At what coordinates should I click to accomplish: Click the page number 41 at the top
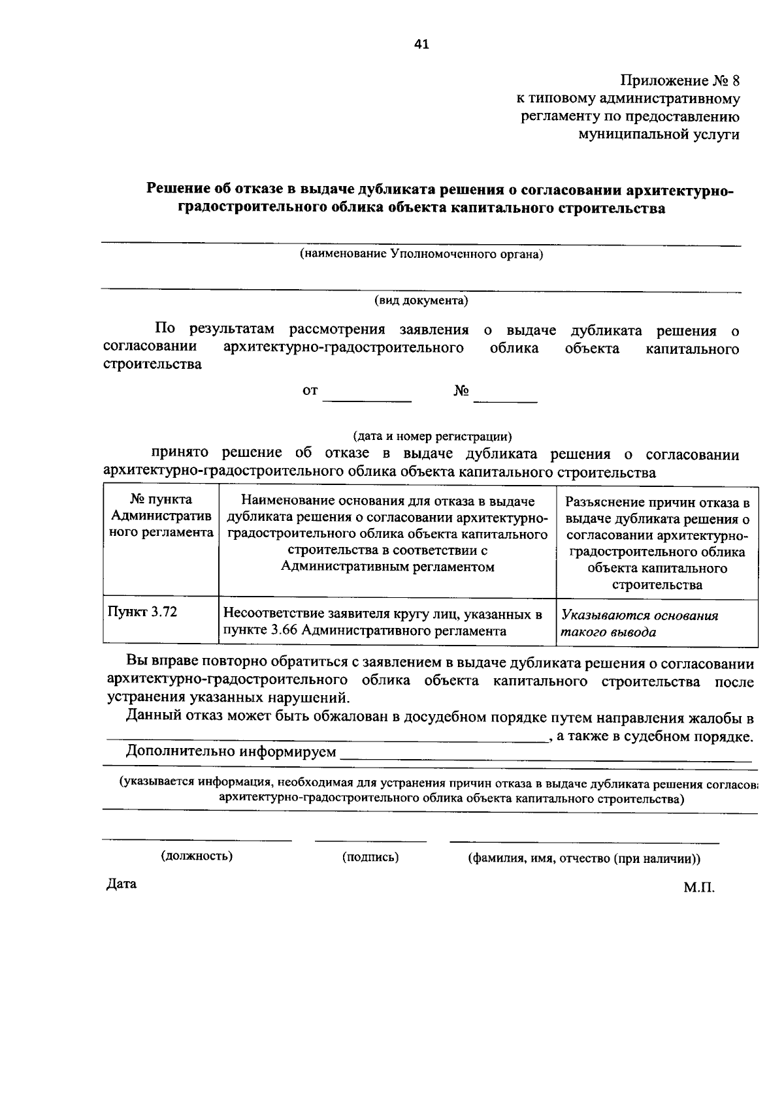(421, 44)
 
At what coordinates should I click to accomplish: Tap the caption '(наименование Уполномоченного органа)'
(421, 254)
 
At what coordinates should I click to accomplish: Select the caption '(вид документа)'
(421, 300)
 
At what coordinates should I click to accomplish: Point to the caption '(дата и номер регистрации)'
(433, 435)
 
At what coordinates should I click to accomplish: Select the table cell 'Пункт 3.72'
(143, 612)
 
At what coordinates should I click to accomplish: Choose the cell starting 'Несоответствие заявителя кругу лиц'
(383, 622)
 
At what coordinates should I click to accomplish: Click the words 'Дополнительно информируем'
(231, 751)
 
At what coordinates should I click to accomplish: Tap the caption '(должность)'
(197, 856)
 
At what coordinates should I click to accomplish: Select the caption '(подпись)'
(370, 857)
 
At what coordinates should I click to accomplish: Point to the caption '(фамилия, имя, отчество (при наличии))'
(583, 858)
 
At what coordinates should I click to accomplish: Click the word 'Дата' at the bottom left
(122, 884)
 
